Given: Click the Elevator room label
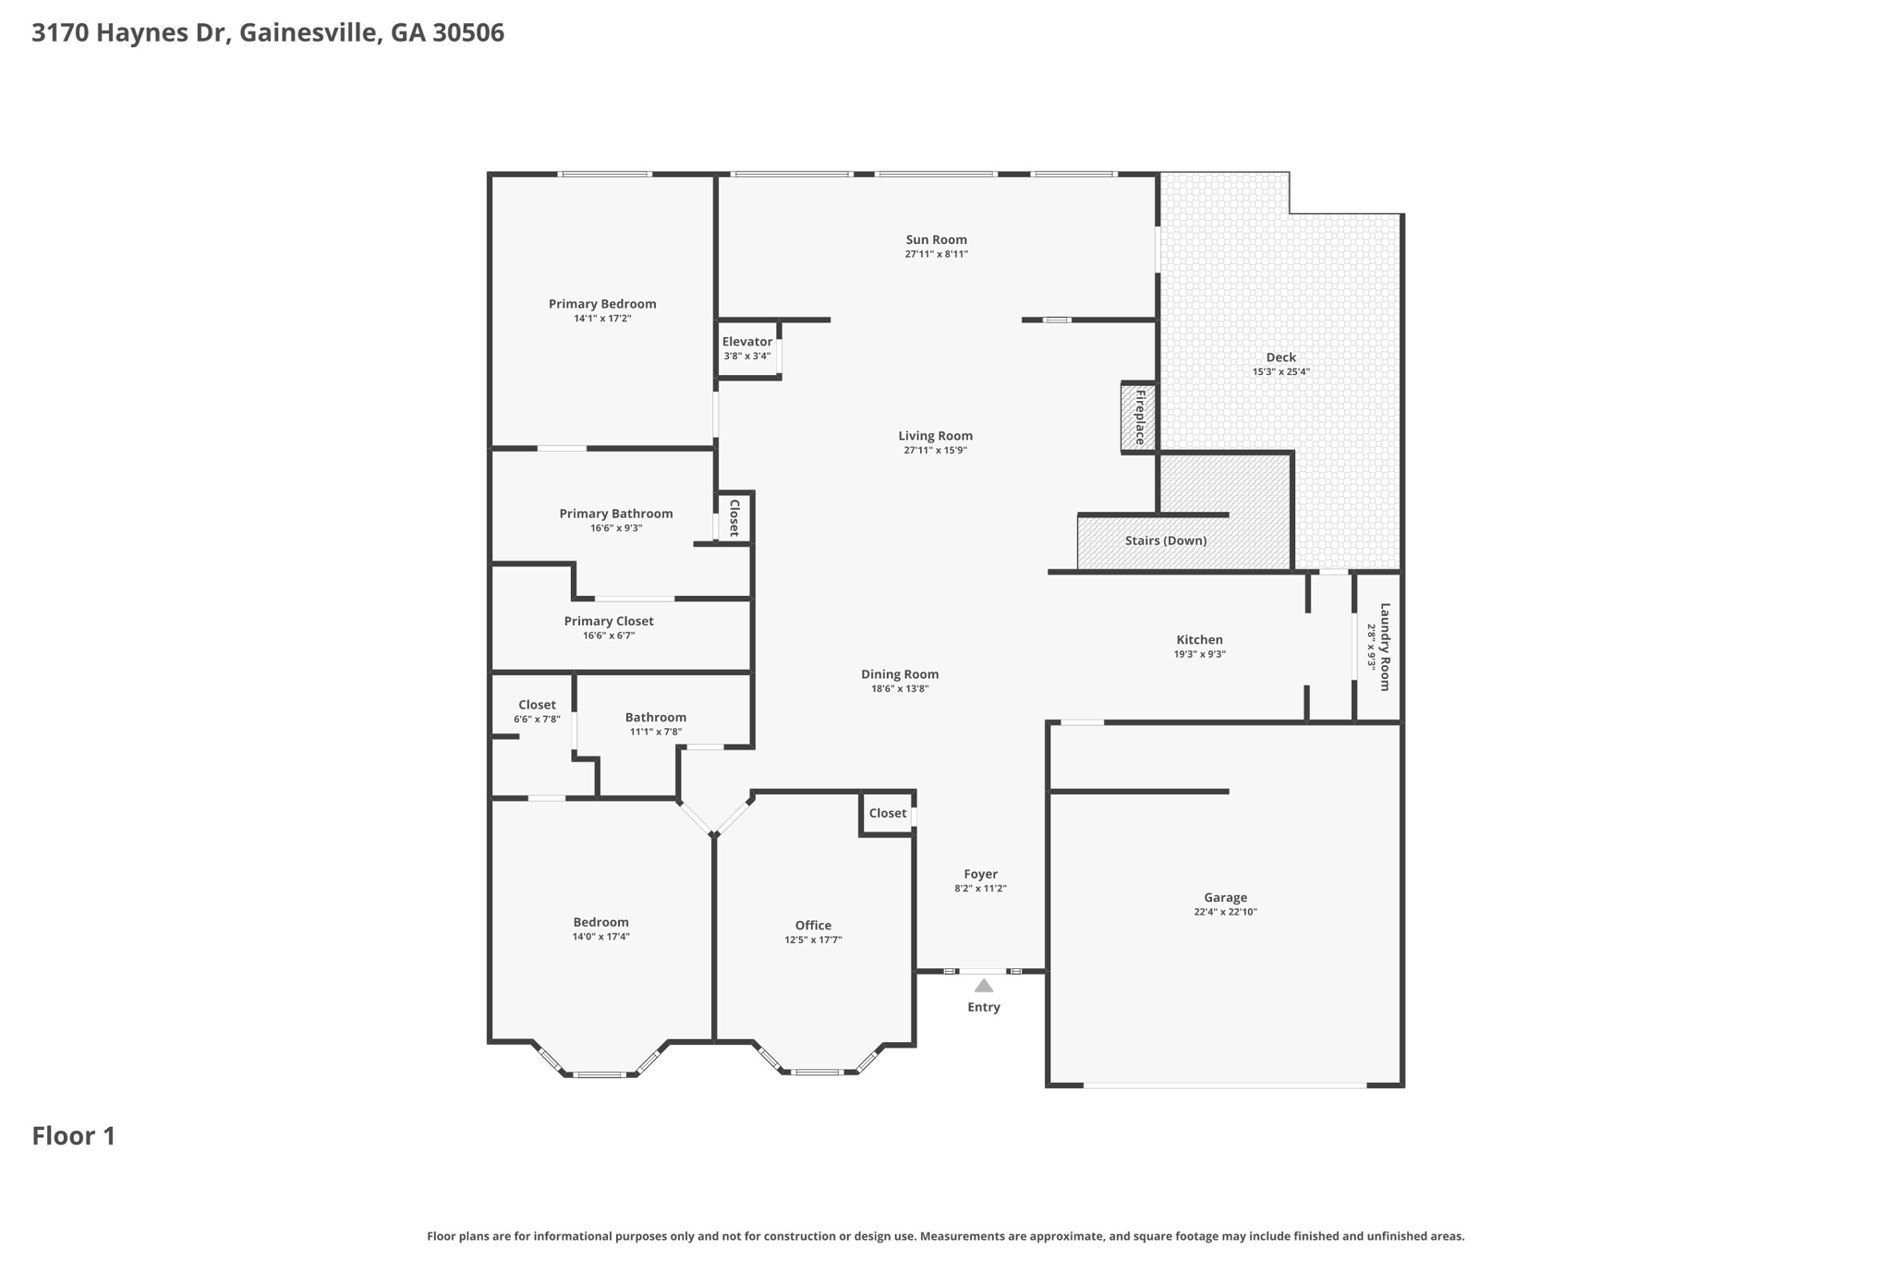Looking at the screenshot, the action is [x=746, y=342].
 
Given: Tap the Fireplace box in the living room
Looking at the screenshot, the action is [x=1139, y=418].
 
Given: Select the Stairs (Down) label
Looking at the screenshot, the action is [x=1166, y=540].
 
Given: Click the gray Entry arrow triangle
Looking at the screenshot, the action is [x=984, y=986].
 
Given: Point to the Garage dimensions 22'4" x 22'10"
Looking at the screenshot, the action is [x=1225, y=912].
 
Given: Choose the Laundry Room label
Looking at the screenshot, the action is [x=1385, y=647].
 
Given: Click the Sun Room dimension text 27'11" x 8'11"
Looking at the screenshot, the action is [x=936, y=254].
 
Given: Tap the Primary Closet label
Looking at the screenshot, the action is [x=609, y=622].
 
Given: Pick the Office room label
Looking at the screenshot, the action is [x=813, y=926].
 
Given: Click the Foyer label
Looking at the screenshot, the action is [x=980, y=874].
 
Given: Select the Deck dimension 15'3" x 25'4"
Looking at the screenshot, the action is [x=1280, y=372].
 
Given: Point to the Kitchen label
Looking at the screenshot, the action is [x=1199, y=639].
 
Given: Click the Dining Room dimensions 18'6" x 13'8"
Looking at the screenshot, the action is [x=900, y=688].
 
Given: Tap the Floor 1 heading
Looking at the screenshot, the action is [x=74, y=1136].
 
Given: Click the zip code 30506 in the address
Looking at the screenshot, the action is [x=468, y=33].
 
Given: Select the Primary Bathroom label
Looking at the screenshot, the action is [x=616, y=514].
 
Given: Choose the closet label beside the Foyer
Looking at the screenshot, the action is [x=888, y=813].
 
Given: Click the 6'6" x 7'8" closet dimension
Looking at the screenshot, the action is [x=537, y=720].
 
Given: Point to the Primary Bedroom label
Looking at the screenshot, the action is [x=602, y=304].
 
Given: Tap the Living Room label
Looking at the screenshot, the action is [x=935, y=436].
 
